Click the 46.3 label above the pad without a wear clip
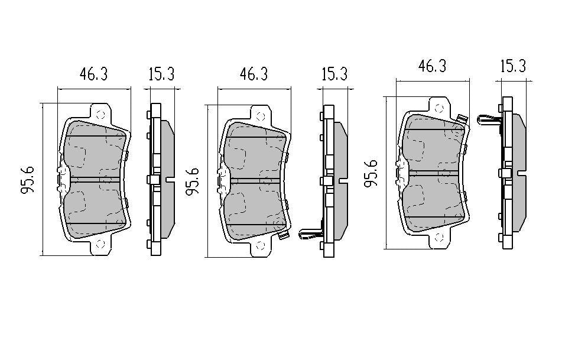pyautogui.click(x=93, y=74)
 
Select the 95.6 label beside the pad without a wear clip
pyautogui.click(x=28, y=179)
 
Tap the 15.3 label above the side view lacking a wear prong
pyautogui.click(x=161, y=74)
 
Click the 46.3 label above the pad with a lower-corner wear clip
pyautogui.click(x=254, y=74)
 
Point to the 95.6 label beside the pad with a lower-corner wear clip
pyautogui.click(x=192, y=181)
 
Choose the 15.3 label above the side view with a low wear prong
pyautogui.click(x=334, y=74)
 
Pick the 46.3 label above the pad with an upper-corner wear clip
pyautogui.click(x=432, y=66)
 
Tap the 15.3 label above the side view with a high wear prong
pyautogui.click(x=513, y=66)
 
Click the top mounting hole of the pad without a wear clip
pyautogui.click(x=100, y=115)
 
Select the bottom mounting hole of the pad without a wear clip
pyautogui.click(x=100, y=244)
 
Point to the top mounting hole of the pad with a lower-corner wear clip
pyautogui.click(x=261, y=116)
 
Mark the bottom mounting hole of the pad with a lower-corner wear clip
pyautogui.click(x=261, y=246)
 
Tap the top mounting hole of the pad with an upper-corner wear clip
pyautogui.click(x=439, y=108)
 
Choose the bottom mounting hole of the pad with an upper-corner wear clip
pyautogui.click(x=439, y=238)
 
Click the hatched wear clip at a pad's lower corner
pyautogui.click(x=284, y=235)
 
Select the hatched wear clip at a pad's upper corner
pyautogui.click(x=462, y=119)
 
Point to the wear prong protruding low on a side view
pyautogui.click(x=310, y=233)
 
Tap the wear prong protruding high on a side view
pyautogui.click(x=489, y=120)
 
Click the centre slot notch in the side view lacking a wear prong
pyautogui.click(x=170, y=180)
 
